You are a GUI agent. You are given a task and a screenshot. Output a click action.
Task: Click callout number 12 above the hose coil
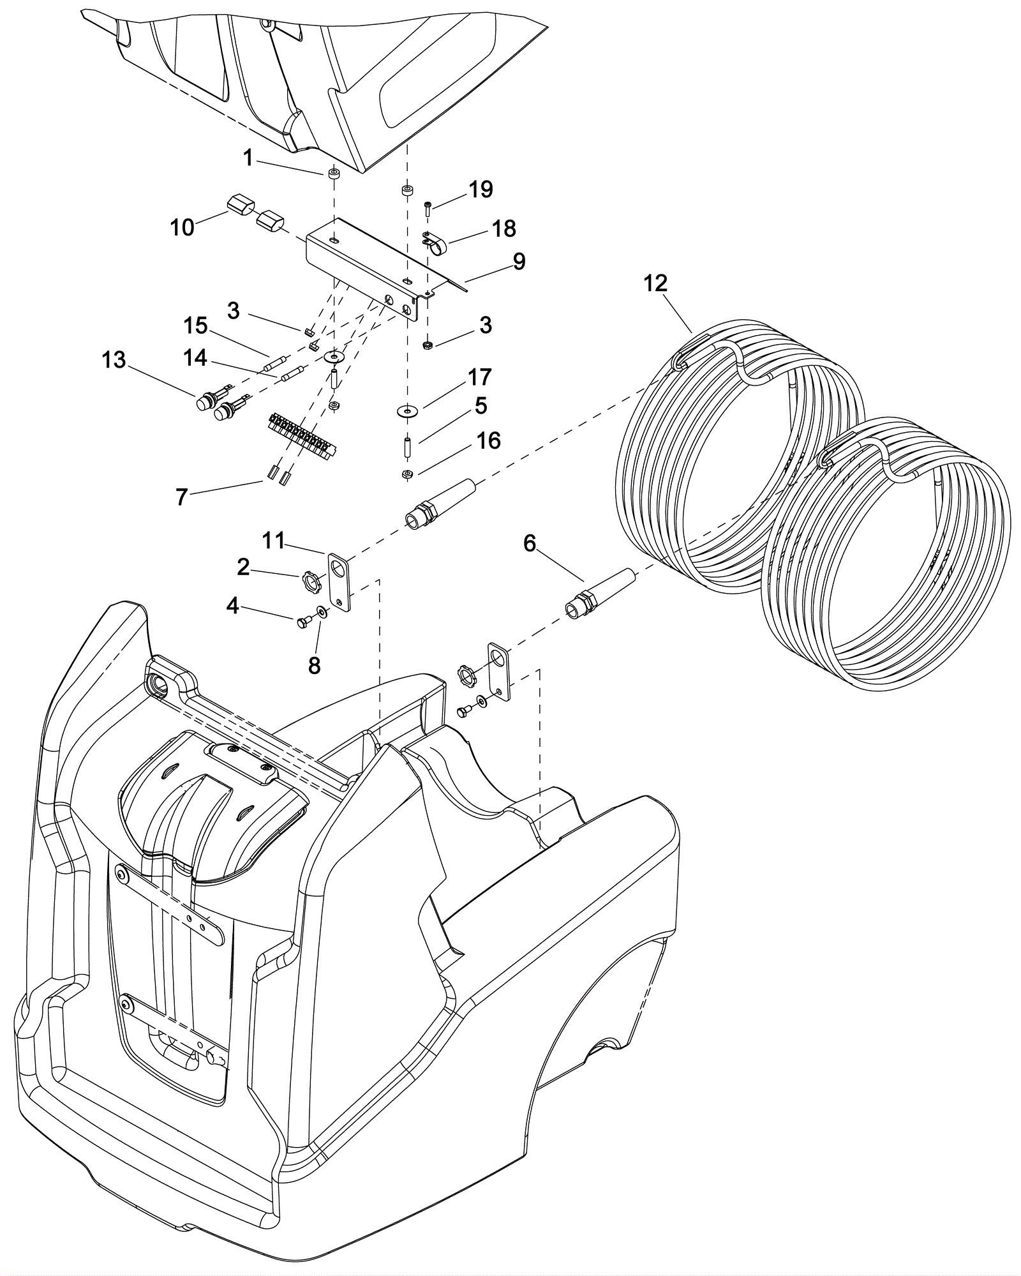pos(655,283)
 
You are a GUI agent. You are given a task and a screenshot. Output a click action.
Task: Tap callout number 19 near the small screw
pos(481,190)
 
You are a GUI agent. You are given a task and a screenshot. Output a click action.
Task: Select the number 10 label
pos(182,228)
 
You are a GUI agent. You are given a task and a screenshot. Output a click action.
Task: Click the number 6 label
pos(530,544)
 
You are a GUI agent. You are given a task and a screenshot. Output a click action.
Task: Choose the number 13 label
pos(114,360)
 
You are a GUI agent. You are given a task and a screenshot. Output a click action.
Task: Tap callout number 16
pos(489,441)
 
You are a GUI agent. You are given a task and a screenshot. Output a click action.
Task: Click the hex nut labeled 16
pos(405,474)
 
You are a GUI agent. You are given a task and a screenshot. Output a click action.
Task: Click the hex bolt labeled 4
pos(303,621)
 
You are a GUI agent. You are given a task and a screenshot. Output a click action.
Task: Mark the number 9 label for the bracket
pos(519,261)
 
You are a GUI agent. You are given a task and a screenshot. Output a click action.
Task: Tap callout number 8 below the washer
pos(314,666)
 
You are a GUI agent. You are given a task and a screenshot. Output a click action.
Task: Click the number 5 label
pos(481,406)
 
